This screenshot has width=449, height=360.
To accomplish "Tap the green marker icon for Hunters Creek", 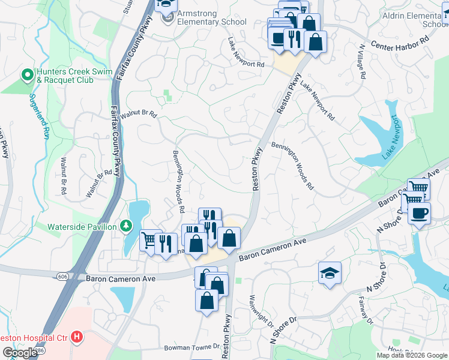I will click(26, 75).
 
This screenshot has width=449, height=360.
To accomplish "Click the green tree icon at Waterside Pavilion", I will click(126, 226).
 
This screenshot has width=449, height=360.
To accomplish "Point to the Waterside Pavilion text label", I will click(83, 226).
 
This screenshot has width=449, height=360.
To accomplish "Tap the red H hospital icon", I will click(76, 337).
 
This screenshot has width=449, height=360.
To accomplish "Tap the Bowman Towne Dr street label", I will click(186, 347).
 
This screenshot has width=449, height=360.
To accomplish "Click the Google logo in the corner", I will click(20, 353).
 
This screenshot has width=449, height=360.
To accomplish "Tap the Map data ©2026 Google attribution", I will click(411, 355).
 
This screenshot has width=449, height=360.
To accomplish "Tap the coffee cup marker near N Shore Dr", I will click(418, 213).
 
